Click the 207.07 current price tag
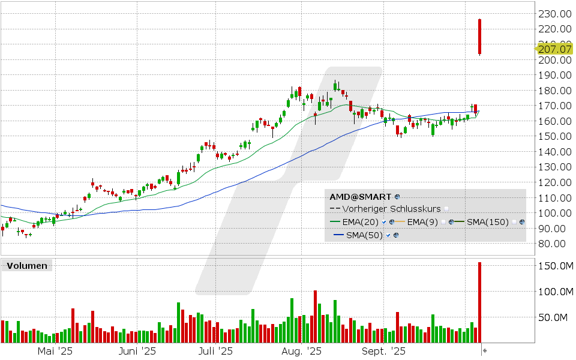coord(554,49)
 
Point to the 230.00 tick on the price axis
coord(554,14)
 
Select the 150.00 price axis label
coord(554,136)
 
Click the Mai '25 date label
coord(55,351)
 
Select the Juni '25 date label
coord(137,351)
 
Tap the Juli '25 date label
coord(216,351)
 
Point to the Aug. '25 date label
coord(301,351)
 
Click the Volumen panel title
coord(26,266)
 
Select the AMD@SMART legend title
coord(361,196)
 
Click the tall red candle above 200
coord(480,37)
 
